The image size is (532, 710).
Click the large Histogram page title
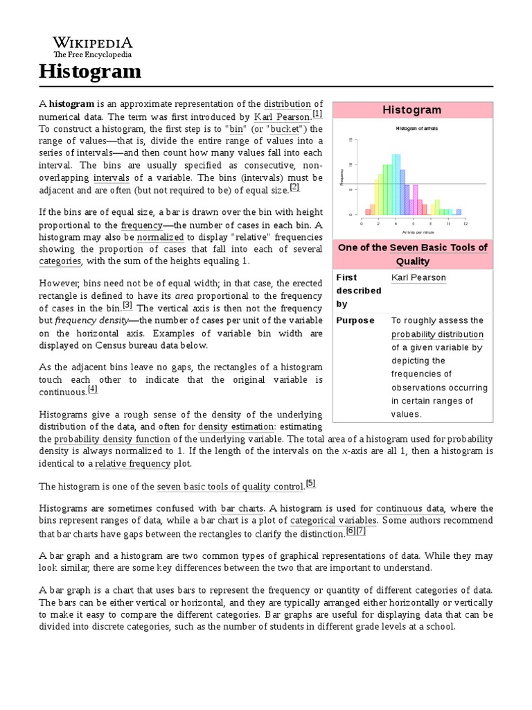coord(89,71)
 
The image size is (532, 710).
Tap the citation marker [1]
coord(317,114)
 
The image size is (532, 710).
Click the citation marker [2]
coord(294,187)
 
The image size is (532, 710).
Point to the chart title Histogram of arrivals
coord(416,129)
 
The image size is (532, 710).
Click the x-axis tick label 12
coord(465,223)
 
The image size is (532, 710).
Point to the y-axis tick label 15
coord(351,141)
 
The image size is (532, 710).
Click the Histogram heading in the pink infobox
coord(412,110)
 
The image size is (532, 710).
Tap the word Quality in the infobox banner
coord(413,261)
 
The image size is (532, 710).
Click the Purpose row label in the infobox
coord(355,320)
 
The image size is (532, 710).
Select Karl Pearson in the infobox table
coord(418,277)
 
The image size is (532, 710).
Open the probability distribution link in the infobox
coord(437,334)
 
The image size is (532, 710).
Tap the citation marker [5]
coord(310,483)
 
